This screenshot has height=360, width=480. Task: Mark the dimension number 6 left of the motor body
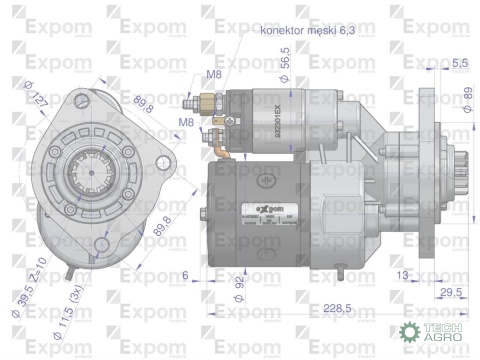tap(186, 273)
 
